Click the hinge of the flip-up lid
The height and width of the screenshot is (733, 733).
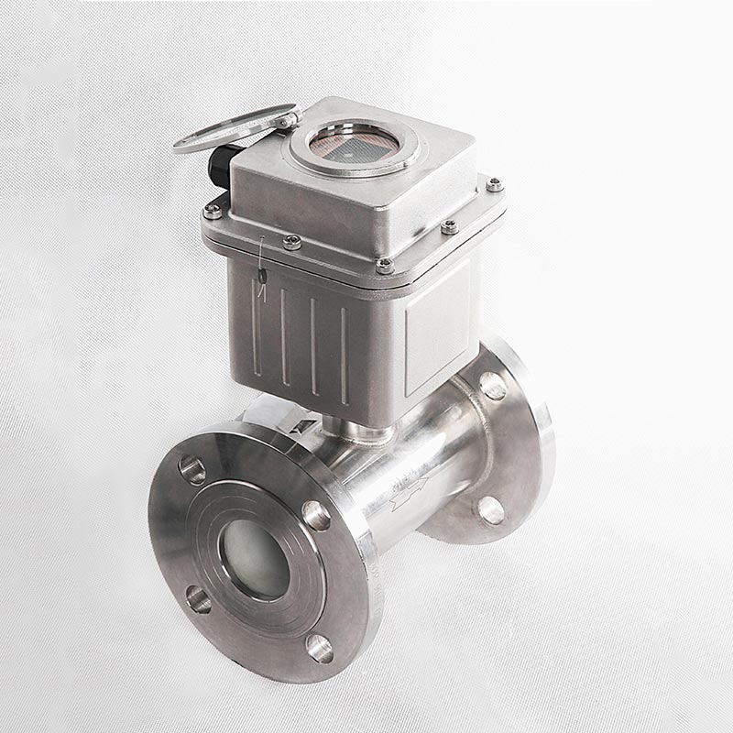[287, 119]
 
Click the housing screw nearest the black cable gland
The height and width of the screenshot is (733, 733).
[213, 212]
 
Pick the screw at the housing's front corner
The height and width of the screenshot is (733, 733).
[385, 266]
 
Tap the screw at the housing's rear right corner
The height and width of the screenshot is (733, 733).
[495, 184]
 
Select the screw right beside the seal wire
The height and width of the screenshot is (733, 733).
[292, 242]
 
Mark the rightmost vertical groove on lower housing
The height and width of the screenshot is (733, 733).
[345, 352]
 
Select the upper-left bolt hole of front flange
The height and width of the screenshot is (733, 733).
[192, 470]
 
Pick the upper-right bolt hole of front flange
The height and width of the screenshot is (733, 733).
[316, 515]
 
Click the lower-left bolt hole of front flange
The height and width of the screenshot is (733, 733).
[198, 599]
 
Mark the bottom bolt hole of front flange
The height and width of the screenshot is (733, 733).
[320, 648]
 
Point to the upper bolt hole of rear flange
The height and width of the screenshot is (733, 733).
[493, 385]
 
